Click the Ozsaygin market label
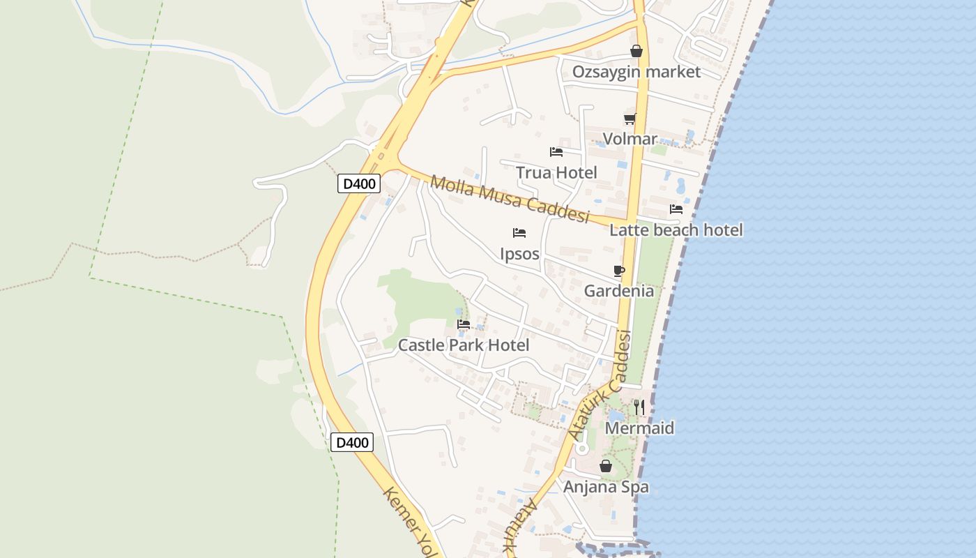coord(636,72)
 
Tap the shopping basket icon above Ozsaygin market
coord(636,51)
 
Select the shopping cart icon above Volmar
coord(630,119)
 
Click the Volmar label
coord(630,139)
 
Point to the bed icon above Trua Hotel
coord(556,151)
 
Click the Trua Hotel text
coord(556,172)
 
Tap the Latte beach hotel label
coord(676,229)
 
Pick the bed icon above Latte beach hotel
coord(676,209)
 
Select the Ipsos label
coord(519,253)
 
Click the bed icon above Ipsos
coord(519,232)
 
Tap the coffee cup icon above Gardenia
coord(618,271)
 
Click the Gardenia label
coord(618,291)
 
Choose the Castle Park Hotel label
coord(463,345)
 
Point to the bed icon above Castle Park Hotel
coord(463,324)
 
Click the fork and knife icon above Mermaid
coord(639,407)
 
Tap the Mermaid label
coord(639,428)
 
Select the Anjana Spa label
coord(605,486)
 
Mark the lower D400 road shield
coord(351,442)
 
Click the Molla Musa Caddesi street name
coord(510,199)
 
